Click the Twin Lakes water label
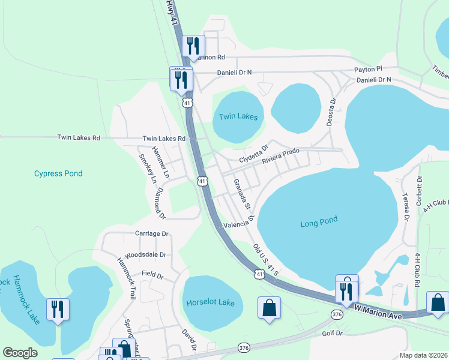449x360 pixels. coord(238,116)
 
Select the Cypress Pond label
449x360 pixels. coord(58,173)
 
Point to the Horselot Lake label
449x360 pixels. coord(210,302)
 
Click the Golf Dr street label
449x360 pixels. coord(331,332)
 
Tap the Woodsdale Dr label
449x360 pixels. coord(145,254)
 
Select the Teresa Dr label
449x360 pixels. coord(406,207)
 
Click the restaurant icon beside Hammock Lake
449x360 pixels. coord(58,310)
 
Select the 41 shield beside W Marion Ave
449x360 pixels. coord(259,274)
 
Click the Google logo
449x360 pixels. coord(20,353)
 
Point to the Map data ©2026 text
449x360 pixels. coord(423,355)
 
